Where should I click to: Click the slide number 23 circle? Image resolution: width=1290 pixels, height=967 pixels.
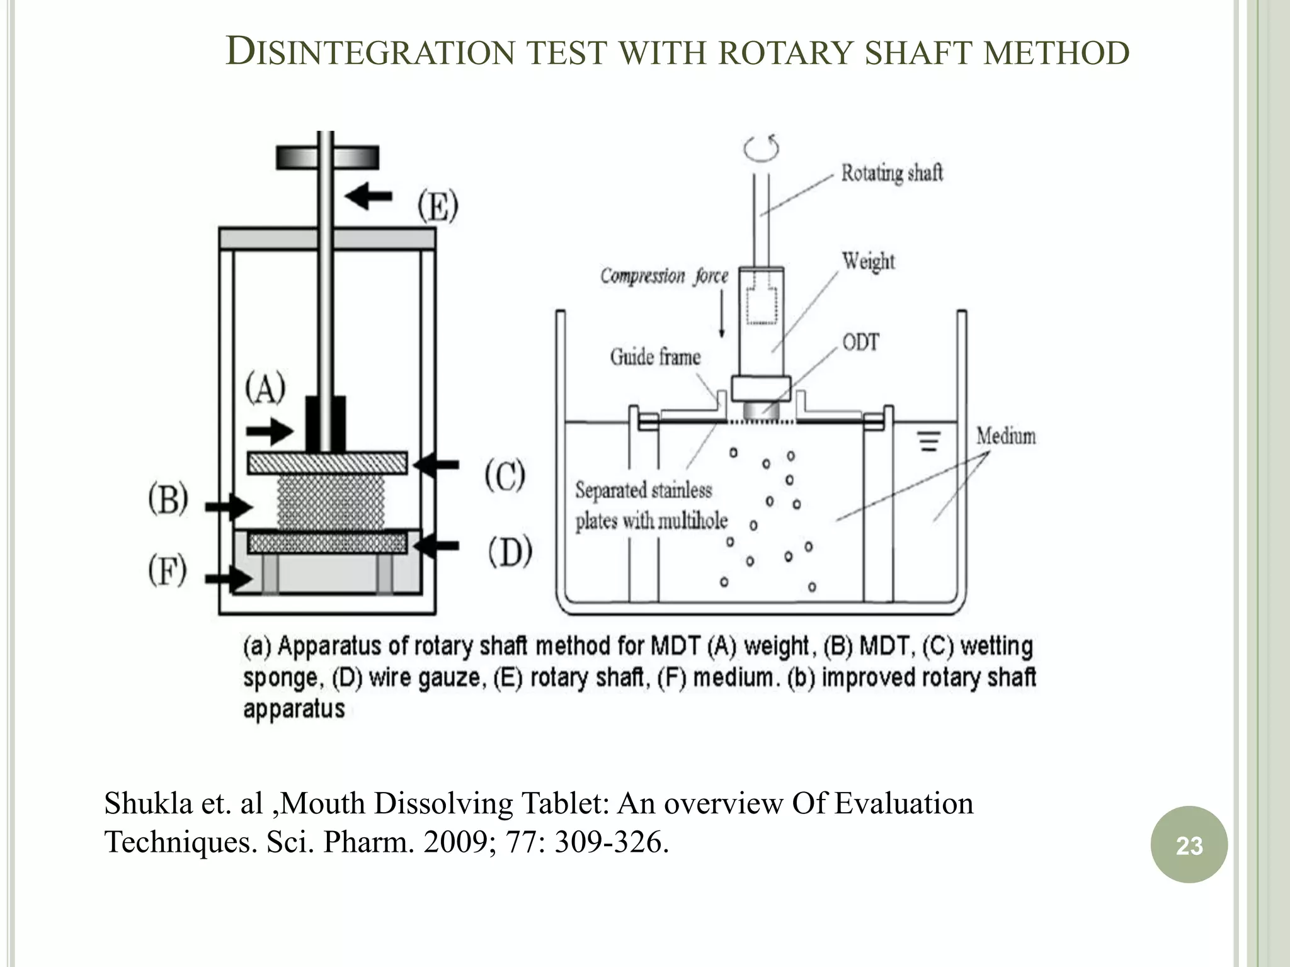coord(1189,844)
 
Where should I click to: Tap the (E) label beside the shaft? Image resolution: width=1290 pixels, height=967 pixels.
coord(438,205)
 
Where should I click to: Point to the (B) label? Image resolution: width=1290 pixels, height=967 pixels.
coord(168,500)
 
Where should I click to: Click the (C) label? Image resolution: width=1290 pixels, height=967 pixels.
coord(505,475)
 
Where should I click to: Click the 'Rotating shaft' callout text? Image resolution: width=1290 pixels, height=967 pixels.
coord(892,173)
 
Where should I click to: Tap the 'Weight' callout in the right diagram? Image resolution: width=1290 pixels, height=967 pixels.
coord(868,261)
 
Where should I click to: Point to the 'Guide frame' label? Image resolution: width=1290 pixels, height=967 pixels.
coord(655,357)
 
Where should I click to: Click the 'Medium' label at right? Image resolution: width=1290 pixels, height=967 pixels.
coord(1006,436)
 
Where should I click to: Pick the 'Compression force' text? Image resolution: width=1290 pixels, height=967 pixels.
coord(664,276)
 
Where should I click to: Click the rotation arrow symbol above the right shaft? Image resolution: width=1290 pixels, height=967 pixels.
coord(762,149)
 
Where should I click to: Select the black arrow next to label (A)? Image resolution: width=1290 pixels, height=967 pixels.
coord(270,432)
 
